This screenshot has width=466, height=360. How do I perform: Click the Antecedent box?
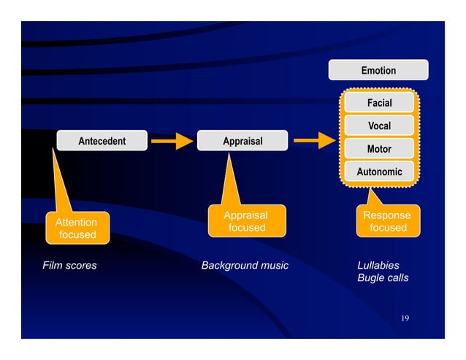point(102,141)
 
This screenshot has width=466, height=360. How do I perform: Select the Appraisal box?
point(242,141)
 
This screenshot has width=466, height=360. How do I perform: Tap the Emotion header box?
point(378,71)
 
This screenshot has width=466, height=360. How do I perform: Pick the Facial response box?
point(379,103)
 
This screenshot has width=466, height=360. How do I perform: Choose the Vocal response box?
point(379,126)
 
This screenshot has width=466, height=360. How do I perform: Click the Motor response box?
point(379,149)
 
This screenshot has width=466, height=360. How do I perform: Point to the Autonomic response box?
point(379,172)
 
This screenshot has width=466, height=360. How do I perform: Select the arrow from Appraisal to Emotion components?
point(314,141)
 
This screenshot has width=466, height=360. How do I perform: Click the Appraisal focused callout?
point(245,222)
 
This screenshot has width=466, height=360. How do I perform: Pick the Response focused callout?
point(387,221)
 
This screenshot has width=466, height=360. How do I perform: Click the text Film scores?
point(69,265)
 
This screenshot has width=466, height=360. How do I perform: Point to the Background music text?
point(245,265)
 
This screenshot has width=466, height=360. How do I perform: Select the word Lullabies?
point(378,265)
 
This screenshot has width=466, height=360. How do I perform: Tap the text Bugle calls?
point(383,278)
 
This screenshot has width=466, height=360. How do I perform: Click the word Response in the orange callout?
point(387,215)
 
